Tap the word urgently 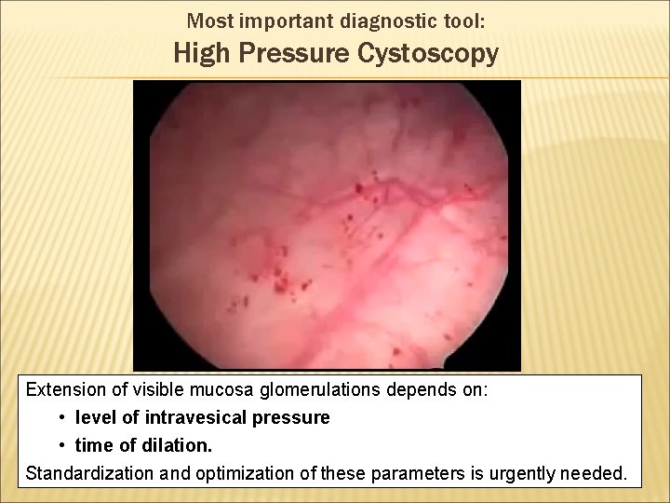(x=505, y=473)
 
